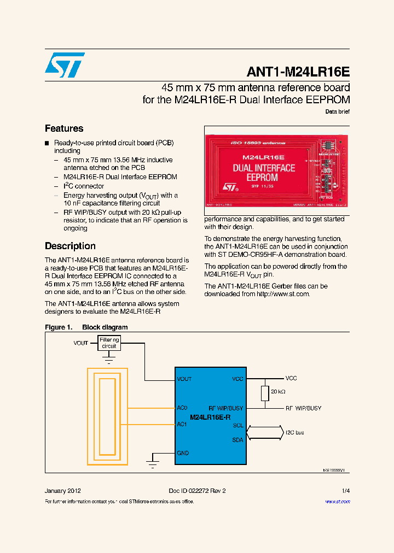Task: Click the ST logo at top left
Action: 65,65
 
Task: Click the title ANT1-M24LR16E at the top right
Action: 298,72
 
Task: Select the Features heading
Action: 64,128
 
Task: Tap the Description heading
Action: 70,246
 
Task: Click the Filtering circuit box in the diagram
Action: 109,343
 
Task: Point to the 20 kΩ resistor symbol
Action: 264,393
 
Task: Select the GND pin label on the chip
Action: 183,453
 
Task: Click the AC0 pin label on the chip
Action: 182,408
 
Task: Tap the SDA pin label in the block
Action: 237,440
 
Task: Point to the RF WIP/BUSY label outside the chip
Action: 303,408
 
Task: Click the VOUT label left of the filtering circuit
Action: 80,343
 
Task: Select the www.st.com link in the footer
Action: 337,502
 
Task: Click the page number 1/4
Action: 345,491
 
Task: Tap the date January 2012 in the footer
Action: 63,491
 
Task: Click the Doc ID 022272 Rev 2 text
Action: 197,491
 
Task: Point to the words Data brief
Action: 337,111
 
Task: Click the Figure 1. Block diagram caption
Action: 86,327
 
